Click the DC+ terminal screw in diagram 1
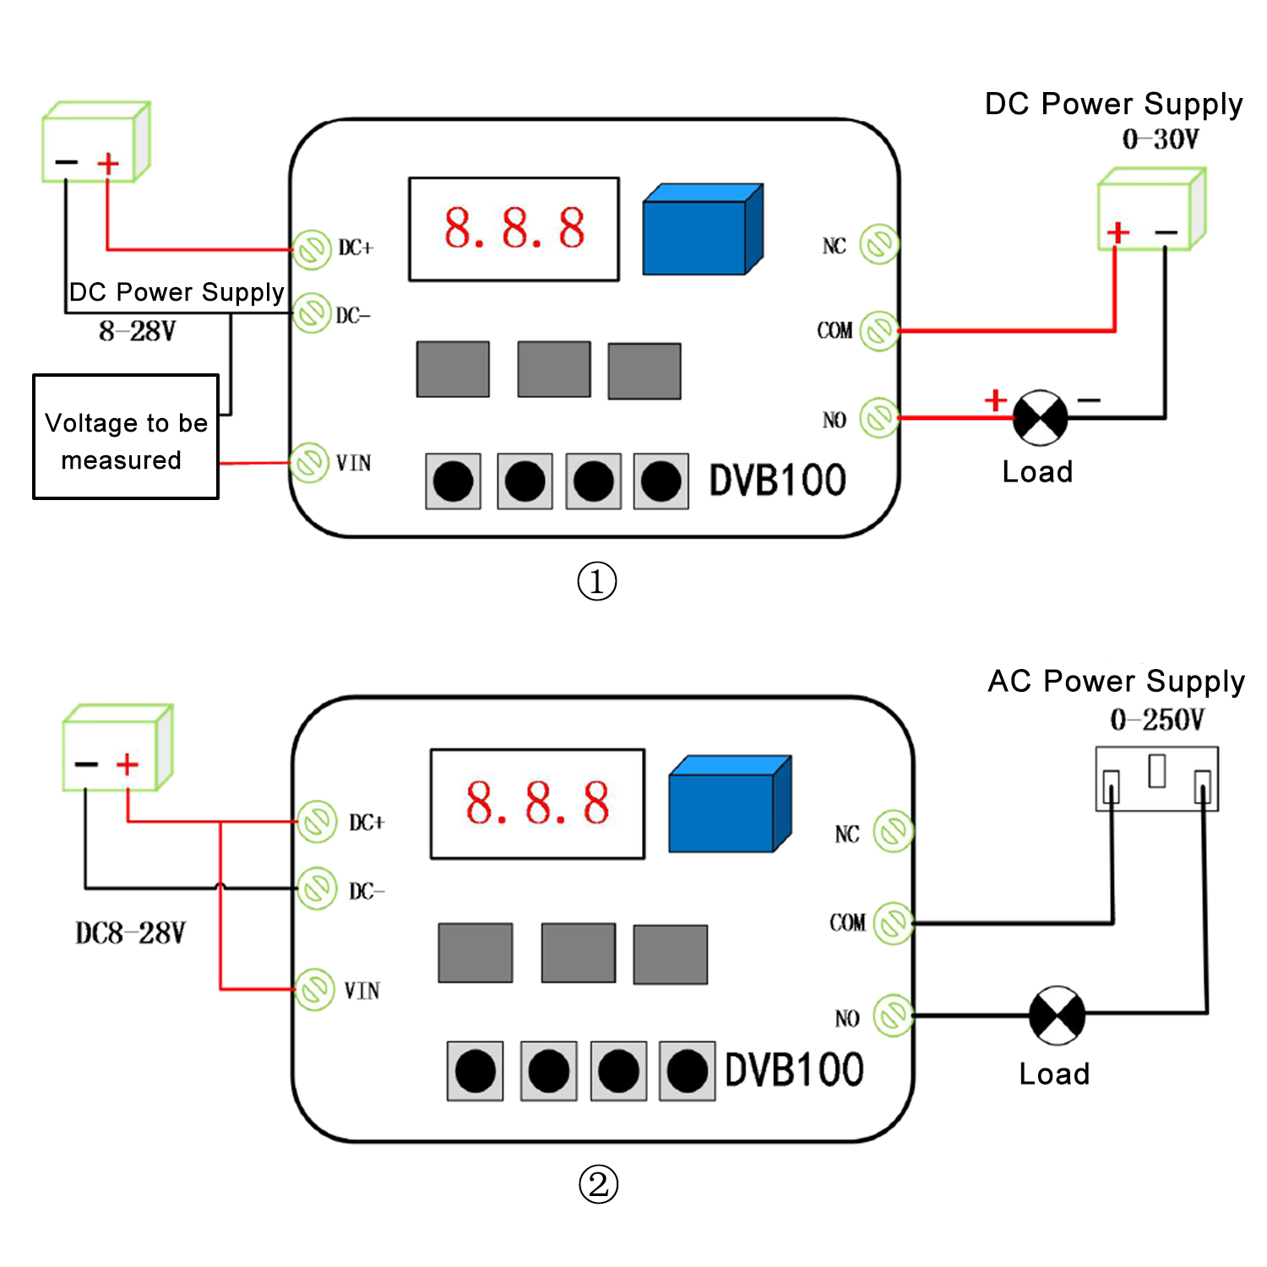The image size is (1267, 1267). [x=312, y=249]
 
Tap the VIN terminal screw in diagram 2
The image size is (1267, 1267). [x=315, y=989]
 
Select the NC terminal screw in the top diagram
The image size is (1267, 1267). [x=879, y=245]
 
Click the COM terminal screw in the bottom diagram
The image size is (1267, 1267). [x=893, y=923]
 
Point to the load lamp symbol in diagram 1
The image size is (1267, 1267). [x=1040, y=417]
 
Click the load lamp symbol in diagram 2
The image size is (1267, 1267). [x=1057, y=1014]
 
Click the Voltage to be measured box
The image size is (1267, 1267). [x=126, y=438]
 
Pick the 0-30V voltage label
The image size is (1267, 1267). [x=1160, y=139]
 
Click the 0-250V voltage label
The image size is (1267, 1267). [x=1157, y=720]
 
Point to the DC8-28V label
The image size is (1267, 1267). [x=130, y=933]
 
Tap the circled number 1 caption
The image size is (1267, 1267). [x=597, y=582]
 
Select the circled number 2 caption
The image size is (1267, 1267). [x=598, y=1184]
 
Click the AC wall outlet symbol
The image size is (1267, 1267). [x=1156, y=778]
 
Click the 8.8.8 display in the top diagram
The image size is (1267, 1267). [x=514, y=229]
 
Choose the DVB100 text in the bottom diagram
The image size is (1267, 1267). [x=794, y=1070]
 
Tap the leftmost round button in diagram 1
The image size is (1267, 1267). [x=454, y=481]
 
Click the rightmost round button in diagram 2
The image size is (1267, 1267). [x=687, y=1071]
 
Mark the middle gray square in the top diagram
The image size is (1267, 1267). [x=554, y=369]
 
